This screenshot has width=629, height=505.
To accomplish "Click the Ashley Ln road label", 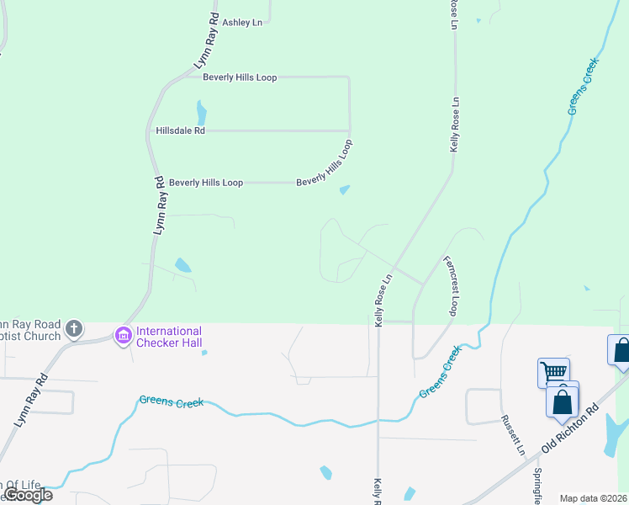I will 241,23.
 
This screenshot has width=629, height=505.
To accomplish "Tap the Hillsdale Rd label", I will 180,130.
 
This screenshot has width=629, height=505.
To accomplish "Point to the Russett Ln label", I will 513,434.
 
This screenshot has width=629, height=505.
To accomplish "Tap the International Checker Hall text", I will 169,337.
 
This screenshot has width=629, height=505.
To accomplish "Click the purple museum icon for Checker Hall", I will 124,337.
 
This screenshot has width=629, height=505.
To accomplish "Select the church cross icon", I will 75,327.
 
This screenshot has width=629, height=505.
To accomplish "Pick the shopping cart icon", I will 553,371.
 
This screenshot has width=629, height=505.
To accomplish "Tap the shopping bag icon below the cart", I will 563,401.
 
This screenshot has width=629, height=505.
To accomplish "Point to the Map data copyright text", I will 594,498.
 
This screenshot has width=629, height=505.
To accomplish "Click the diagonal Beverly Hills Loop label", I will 324,164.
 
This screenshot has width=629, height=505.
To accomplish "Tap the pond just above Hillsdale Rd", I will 201,112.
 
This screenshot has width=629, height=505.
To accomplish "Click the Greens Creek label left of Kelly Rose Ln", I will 172,402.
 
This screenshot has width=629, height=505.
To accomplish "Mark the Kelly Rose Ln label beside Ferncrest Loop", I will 384,300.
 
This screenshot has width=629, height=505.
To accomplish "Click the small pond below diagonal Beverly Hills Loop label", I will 345,189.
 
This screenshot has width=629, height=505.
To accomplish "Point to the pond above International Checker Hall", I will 182,266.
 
